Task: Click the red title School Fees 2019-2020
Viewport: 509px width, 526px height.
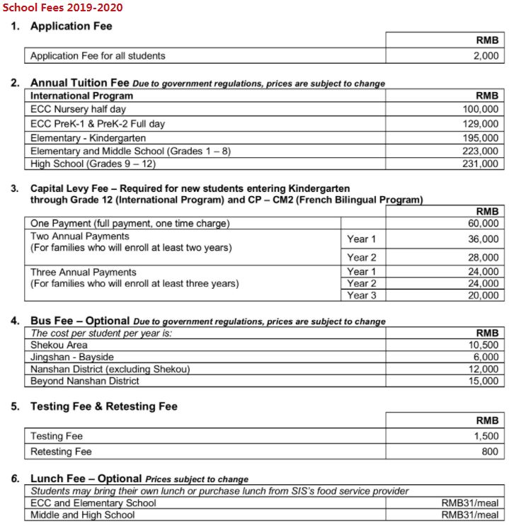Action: pyautogui.click(x=62, y=7)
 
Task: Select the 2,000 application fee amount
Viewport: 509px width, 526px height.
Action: pyautogui.click(x=486, y=55)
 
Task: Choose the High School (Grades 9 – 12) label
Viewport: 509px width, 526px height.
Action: pyautogui.click(x=93, y=164)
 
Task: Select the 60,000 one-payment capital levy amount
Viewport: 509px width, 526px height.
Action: pyautogui.click(x=483, y=224)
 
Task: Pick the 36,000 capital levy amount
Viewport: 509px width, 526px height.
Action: pyautogui.click(x=483, y=239)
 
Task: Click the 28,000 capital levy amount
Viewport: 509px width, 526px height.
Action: pyautogui.click(x=483, y=258)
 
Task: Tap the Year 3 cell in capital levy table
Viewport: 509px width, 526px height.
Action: pyautogui.click(x=362, y=296)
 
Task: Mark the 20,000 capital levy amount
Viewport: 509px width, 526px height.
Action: pyautogui.click(x=483, y=296)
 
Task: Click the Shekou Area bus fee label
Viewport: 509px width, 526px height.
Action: pyautogui.click(x=59, y=345)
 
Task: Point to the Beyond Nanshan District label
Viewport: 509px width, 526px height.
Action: pyautogui.click(x=84, y=381)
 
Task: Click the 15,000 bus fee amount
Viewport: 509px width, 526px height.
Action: pyautogui.click(x=483, y=381)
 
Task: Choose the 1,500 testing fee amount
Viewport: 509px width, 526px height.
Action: pyautogui.click(x=486, y=436)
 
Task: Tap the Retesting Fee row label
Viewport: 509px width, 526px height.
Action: pyautogui.click(x=61, y=451)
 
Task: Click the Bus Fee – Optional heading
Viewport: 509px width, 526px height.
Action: pyautogui.click(x=80, y=321)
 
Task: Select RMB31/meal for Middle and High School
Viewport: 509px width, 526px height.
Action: pyautogui.click(x=469, y=515)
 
